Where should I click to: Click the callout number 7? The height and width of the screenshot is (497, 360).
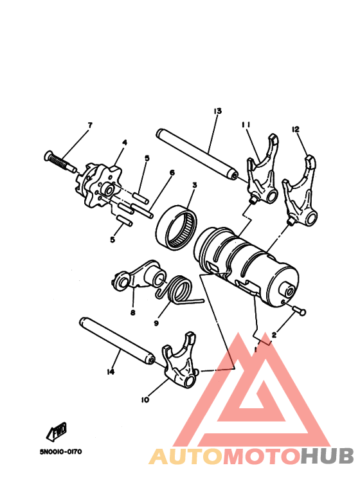pyautogui.click(x=90, y=124)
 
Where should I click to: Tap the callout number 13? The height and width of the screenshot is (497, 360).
pyautogui.click(x=217, y=111)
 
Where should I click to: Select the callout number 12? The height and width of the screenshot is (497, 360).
pyautogui.click(x=296, y=129)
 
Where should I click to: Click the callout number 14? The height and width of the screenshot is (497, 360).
pyautogui.click(x=111, y=372)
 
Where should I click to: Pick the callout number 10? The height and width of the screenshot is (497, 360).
pyautogui.click(x=145, y=399)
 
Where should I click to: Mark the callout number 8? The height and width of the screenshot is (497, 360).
pyautogui.click(x=133, y=313)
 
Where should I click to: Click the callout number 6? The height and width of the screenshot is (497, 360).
pyautogui.click(x=172, y=172)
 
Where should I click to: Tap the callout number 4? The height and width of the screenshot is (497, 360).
pyautogui.click(x=125, y=142)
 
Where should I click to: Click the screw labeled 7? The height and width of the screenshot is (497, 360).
pyautogui.click(x=59, y=160)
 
